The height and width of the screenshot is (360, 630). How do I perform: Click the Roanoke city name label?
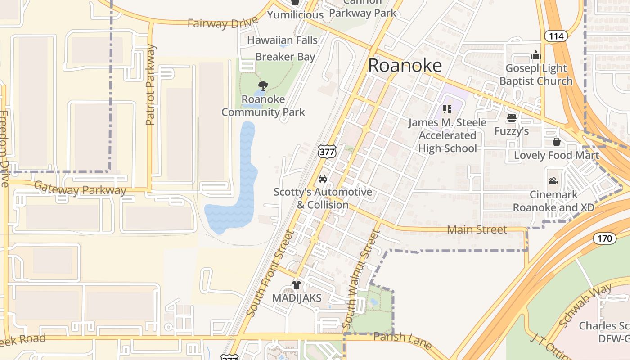coord(405,66)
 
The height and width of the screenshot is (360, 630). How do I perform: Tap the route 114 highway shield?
coord(556,36)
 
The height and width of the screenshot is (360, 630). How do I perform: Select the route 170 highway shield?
coord(605,238)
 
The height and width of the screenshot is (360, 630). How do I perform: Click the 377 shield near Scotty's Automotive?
coord(327,152)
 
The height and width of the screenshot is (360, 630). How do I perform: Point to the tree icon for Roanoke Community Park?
coord(263,85)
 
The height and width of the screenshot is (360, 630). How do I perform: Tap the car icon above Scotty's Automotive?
coord(323,179)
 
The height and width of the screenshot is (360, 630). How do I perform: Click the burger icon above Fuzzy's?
coord(511,118)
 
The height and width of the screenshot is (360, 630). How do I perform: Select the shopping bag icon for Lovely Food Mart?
coord(557,142)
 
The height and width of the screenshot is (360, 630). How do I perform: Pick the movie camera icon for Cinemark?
coord(553,181)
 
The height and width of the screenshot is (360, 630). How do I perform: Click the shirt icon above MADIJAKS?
coord(296,284)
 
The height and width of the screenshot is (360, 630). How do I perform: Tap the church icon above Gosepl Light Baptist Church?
coord(535,55)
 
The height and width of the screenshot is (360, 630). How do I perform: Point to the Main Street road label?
coord(477,229)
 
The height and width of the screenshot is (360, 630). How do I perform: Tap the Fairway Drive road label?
coord(223,22)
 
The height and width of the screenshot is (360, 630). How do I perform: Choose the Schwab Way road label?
coord(585,305)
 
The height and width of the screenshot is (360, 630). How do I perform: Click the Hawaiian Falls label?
coord(282,40)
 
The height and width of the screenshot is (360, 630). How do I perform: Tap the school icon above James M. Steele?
coord(447,109)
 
